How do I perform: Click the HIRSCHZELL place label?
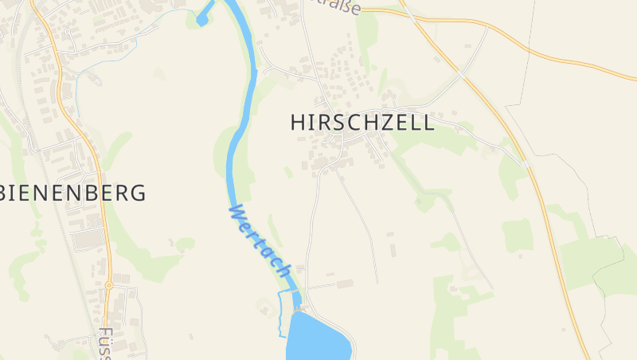point(362,123)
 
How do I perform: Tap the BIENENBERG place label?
point(76,193)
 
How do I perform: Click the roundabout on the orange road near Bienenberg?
point(108,285)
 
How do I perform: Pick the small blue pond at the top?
point(205,14)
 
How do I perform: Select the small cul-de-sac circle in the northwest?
point(68,32)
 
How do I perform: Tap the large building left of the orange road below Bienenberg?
point(88,238)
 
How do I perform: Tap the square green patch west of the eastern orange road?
point(518,236)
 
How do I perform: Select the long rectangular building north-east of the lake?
point(344,284)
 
